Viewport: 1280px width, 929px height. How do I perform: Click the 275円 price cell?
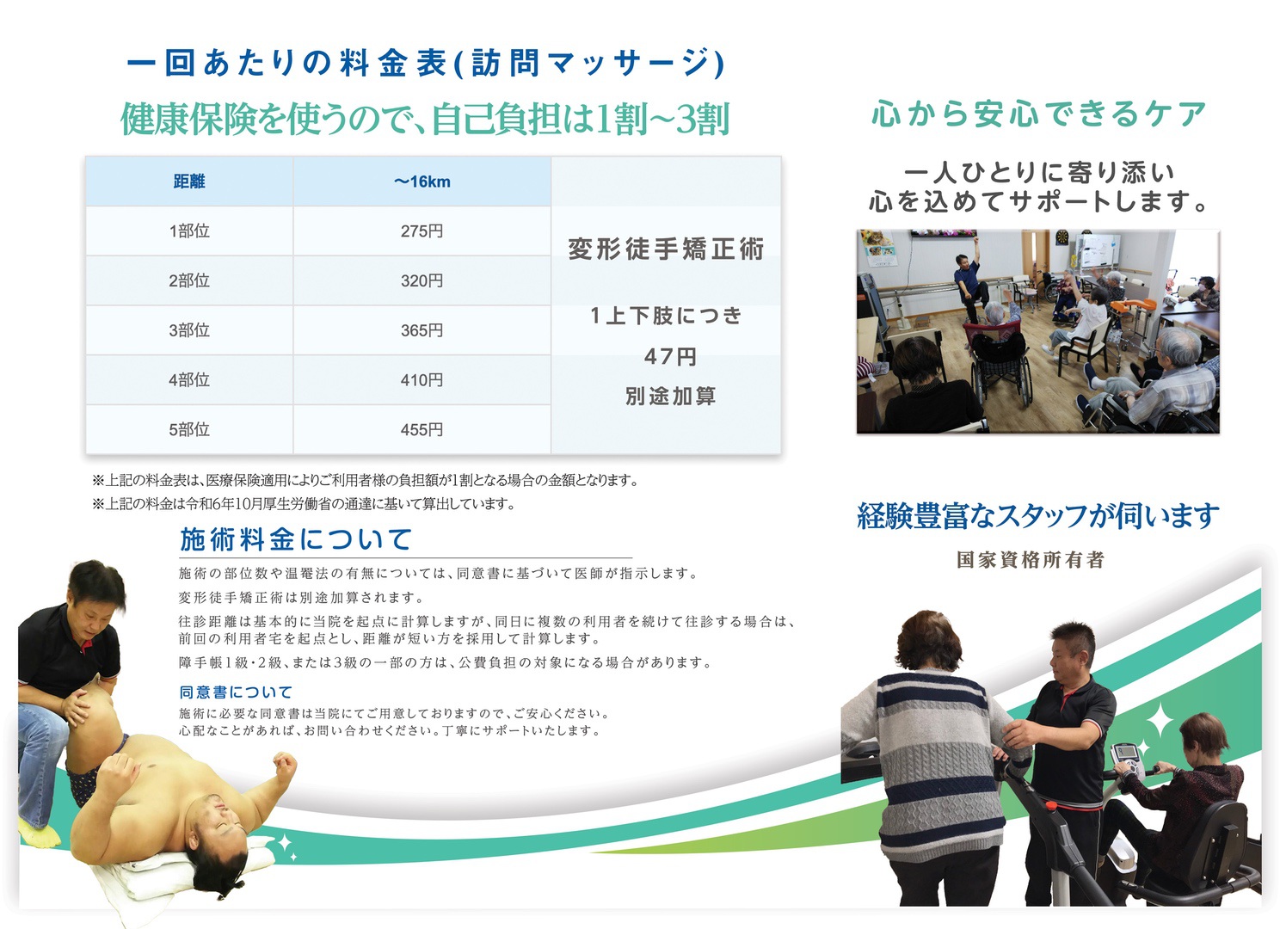(422, 231)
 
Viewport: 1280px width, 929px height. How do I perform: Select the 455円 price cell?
(422, 429)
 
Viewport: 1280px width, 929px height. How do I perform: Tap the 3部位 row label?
(189, 330)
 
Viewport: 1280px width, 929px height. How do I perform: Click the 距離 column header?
(189, 181)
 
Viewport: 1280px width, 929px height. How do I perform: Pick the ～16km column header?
(422, 181)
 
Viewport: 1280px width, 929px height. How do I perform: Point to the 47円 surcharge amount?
(670, 356)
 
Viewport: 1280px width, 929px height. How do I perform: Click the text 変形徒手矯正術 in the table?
(666, 249)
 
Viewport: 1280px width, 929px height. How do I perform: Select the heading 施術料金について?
(296, 539)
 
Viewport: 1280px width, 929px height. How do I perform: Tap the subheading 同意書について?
(236, 692)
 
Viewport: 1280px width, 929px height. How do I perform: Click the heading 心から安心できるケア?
(1039, 114)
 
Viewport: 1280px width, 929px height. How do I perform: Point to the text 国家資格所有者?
(1031, 560)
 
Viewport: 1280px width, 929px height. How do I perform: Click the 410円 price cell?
(422, 379)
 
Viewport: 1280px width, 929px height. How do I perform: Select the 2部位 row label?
(189, 280)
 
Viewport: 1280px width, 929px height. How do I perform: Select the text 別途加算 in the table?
(670, 397)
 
